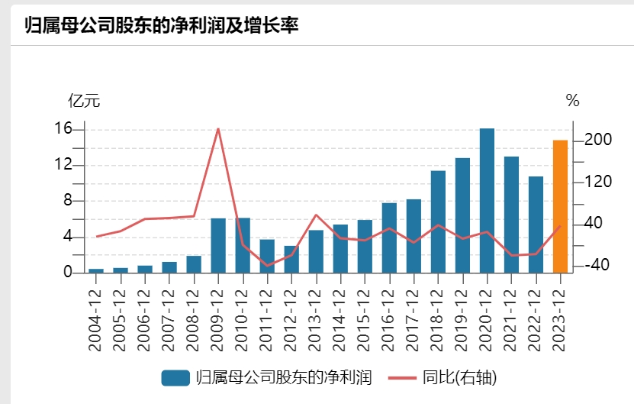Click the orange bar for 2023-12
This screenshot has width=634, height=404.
click(560, 206)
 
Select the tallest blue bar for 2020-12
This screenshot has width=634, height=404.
click(487, 200)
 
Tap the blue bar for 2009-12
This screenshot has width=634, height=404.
click(218, 245)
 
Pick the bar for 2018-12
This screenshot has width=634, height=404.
click(438, 221)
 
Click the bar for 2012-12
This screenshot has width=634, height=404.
click(291, 259)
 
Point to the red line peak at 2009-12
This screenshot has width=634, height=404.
click(218, 128)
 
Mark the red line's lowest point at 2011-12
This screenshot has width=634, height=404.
click(267, 266)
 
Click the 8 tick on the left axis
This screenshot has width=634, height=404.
click(67, 201)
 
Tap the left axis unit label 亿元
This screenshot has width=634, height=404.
click(84, 100)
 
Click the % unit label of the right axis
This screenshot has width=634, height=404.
click(572, 100)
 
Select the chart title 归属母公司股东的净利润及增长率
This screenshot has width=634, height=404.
click(162, 24)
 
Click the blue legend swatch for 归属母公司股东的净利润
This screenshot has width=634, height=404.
click(175, 378)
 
